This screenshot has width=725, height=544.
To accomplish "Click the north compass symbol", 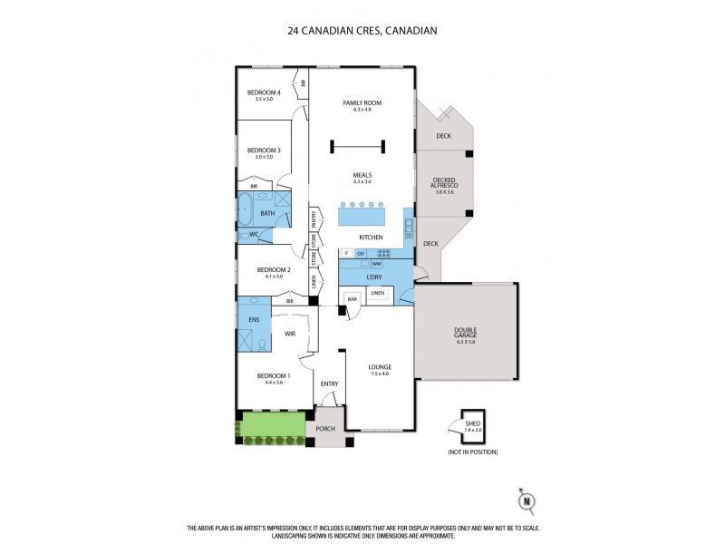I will (x=524, y=500).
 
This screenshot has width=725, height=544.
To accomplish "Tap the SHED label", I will (x=471, y=419).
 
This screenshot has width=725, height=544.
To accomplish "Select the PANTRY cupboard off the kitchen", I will (x=314, y=219).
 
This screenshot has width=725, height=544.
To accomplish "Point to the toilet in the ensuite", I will (x=261, y=343).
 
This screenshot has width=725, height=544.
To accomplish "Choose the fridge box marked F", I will (x=346, y=253).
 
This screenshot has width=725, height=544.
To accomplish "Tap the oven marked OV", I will (x=361, y=253).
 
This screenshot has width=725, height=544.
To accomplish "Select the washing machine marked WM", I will (x=375, y=263).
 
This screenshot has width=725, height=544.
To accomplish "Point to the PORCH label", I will (x=324, y=429).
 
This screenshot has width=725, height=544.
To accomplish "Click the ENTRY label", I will (x=329, y=384).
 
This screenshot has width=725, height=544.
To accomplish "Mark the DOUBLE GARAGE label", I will (x=466, y=334).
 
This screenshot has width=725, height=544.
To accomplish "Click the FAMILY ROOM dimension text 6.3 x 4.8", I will (x=362, y=110).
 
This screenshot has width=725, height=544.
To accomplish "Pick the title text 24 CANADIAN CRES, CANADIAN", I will (x=362, y=30).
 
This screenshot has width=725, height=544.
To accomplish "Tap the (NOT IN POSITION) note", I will (x=472, y=452).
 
